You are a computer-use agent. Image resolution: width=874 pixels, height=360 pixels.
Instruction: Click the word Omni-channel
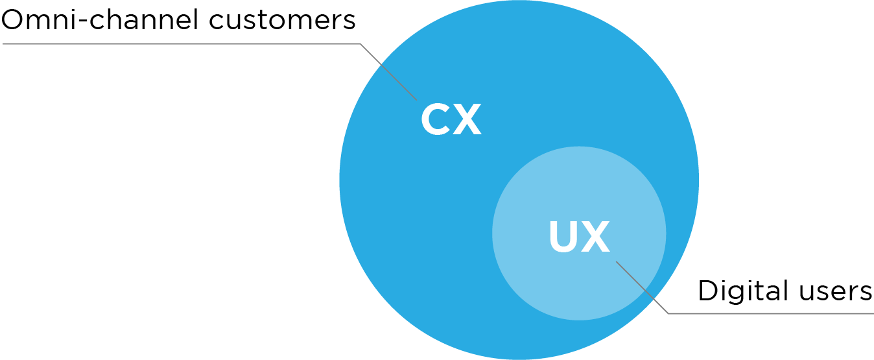click(100, 20)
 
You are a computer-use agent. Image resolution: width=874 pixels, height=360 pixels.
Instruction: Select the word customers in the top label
click(282, 21)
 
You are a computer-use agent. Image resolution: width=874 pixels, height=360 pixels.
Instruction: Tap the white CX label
click(451, 119)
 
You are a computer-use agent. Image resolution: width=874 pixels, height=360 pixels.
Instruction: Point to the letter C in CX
click(435, 119)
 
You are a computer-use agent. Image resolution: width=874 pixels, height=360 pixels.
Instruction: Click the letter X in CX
click(467, 119)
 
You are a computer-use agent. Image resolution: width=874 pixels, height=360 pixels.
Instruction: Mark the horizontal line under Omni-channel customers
click(182, 44)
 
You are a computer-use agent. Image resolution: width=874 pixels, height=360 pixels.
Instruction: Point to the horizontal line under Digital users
click(772, 314)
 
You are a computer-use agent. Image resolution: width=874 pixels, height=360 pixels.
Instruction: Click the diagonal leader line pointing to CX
click(389, 72)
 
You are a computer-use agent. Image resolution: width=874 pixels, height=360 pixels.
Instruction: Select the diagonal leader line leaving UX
click(642, 287)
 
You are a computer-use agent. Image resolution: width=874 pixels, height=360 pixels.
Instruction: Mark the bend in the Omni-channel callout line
click(360, 44)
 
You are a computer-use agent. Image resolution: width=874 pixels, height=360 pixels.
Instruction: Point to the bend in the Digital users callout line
click(668, 314)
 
